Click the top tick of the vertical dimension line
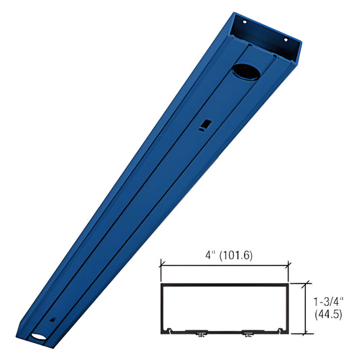pos(308,283)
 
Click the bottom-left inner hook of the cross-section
pos(170,330)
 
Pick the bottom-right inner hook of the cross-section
pos(280,330)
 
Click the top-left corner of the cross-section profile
pos(161,284)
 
